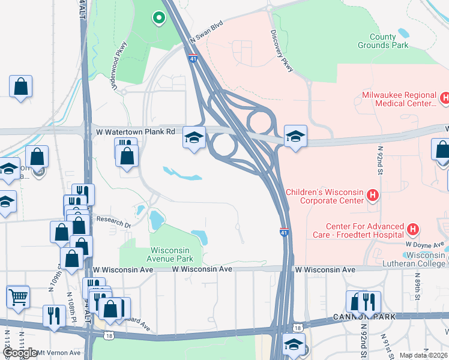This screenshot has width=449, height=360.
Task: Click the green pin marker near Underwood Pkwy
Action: pyautogui.click(x=158, y=19)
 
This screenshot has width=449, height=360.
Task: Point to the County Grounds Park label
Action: pyautogui.click(x=382, y=41)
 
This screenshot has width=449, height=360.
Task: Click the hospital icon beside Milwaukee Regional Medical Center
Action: pyautogui.click(x=445, y=97)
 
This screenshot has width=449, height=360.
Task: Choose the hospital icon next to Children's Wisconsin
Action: pyautogui.click(x=373, y=195)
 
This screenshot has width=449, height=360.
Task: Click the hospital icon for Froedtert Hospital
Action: pyautogui.click(x=412, y=229)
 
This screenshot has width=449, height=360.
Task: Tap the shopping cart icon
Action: pyautogui.click(x=18, y=296)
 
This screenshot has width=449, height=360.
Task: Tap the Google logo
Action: pyautogui.click(x=20, y=353)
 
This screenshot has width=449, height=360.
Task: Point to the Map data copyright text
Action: pyautogui.click(x=423, y=355)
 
